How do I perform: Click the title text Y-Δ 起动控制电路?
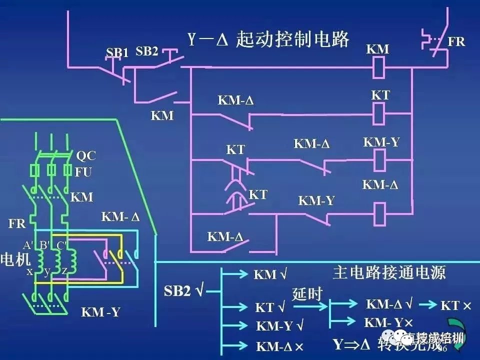pos(268,39)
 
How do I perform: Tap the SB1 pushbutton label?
pos(117,52)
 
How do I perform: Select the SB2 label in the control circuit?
pos(147,51)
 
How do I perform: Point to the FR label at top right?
pos(456,41)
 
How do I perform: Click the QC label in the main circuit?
pos(85,155)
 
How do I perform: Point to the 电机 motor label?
pos(15,259)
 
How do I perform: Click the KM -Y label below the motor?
pos(101,312)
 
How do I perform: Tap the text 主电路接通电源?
pos(388,272)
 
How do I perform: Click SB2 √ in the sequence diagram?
pos(183,291)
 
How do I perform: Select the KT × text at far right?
pos(456,305)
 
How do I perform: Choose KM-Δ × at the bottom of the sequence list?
pos(280,345)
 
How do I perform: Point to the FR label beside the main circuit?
pos(17,223)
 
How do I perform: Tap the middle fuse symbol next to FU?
pos(50,170)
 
